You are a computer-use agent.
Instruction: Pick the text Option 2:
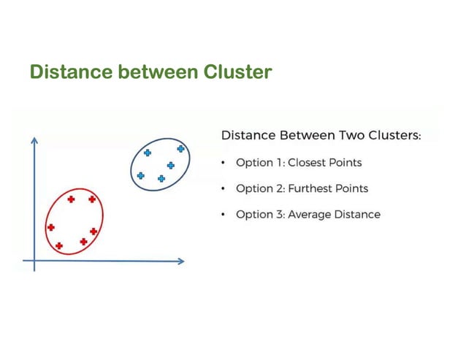point(260,188)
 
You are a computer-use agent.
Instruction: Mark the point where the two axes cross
point(34,260)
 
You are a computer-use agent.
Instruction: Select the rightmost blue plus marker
point(180,148)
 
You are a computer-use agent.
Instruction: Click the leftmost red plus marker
point(50,227)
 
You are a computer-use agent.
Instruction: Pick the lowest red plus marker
point(59,245)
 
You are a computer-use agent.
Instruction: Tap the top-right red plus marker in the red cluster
point(92,199)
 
